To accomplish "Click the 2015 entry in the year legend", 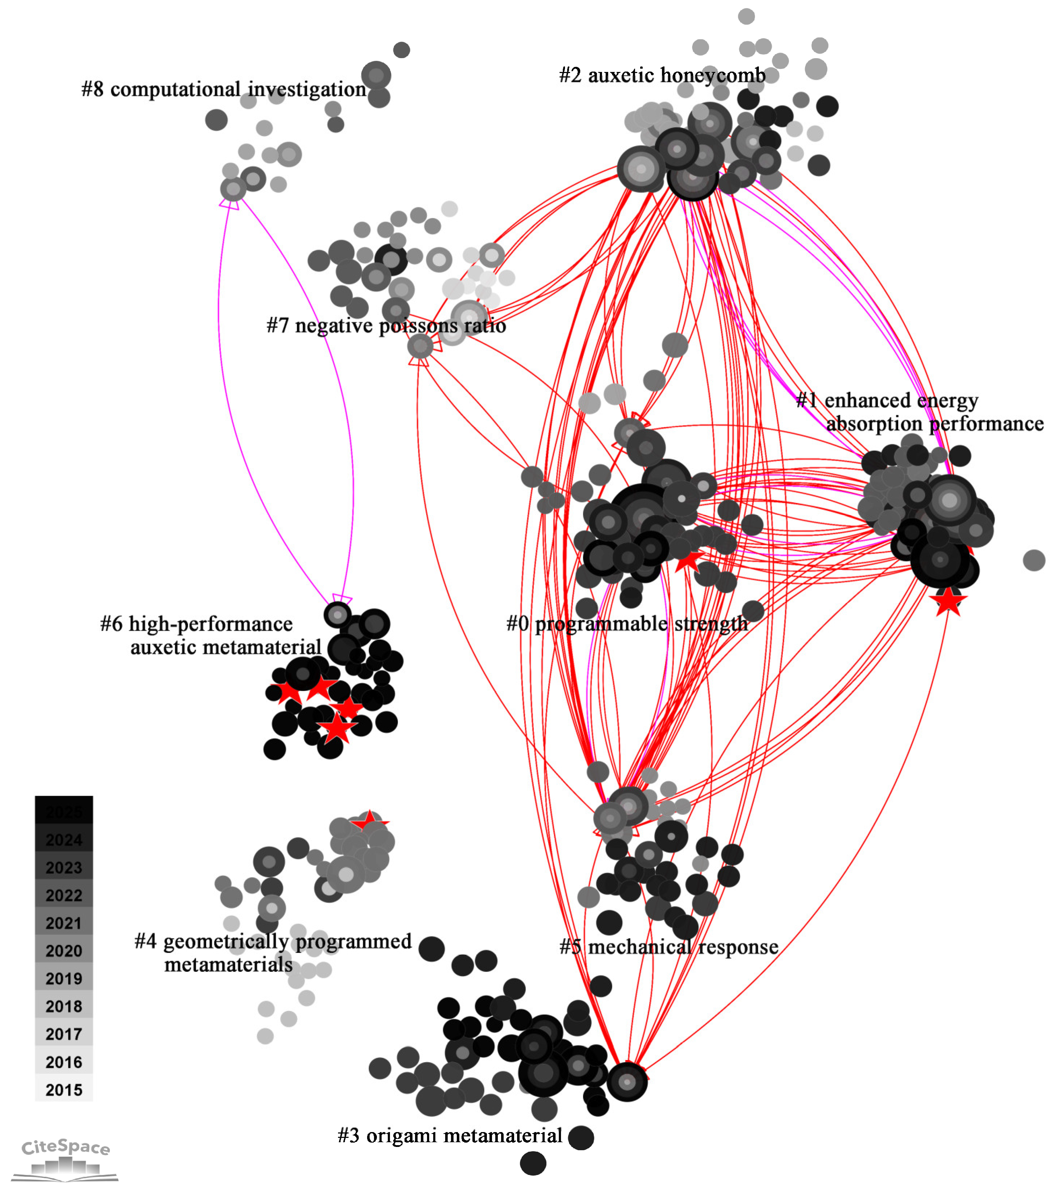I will pyautogui.click(x=64, y=1090).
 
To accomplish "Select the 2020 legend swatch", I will pyautogui.click(x=64, y=950).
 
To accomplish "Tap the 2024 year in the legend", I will pyautogui.click(x=64, y=840).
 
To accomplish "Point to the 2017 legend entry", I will pyautogui.click(x=64, y=1034).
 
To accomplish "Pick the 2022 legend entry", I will pyautogui.click(x=64, y=895).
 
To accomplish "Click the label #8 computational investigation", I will pyautogui.click(x=223, y=89).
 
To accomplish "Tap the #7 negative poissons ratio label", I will pyautogui.click(x=386, y=325).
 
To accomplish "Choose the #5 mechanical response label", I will pyautogui.click(x=668, y=947).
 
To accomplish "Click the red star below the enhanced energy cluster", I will pyautogui.click(x=948, y=602).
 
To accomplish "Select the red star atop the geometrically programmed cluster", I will pyautogui.click(x=369, y=821).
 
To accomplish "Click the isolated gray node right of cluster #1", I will pyautogui.click(x=1034, y=560).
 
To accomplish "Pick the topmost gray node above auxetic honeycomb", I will pyautogui.click(x=746, y=16).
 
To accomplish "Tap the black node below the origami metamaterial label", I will pyautogui.click(x=533, y=1163).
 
